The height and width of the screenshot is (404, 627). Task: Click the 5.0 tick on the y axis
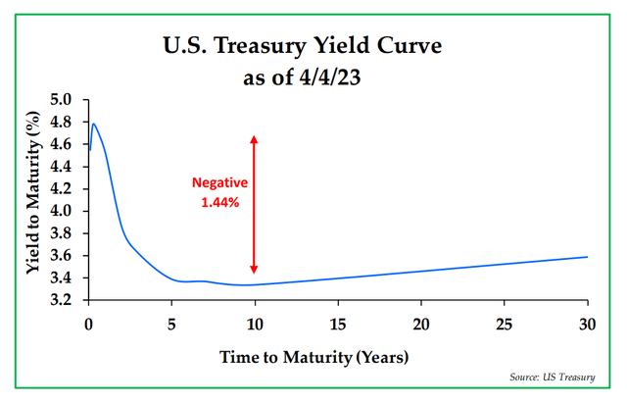click(62, 100)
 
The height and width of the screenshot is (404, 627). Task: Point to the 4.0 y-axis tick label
click(62, 211)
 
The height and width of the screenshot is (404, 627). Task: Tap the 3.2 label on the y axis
click(62, 300)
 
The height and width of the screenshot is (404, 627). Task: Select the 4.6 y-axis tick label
click(62, 144)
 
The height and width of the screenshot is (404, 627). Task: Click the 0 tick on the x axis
click(89, 323)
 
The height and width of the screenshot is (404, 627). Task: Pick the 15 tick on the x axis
click(338, 323)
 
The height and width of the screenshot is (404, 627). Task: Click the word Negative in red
click(219, 183)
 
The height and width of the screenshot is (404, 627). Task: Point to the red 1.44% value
click(219, 203)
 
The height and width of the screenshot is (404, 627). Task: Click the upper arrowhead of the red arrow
click(254, 138)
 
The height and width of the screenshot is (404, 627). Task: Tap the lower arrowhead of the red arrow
click(254, 270)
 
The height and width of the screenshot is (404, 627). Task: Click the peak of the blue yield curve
click(93, 124)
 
